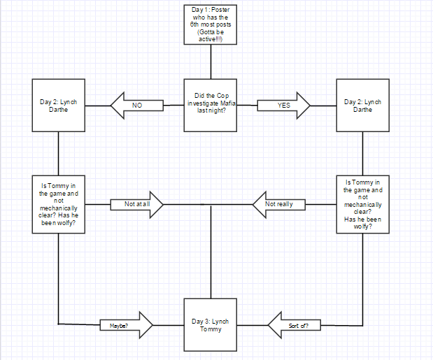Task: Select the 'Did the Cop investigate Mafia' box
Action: coord(210,104)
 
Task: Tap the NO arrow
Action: coord(137,105)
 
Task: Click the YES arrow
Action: coord(283,105)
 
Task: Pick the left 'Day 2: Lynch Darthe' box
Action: coord(59,105)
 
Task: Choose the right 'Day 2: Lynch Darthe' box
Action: coord(362,105)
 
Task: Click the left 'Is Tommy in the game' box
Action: coord(59,204)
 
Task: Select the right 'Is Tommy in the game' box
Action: coord(362,203)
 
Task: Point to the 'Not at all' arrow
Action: coord(137,204)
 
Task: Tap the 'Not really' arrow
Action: coord(280,204)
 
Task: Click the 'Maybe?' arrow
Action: coord(127,325)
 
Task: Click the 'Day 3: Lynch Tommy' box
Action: coord(210,325)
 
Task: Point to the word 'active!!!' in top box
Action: coord(210,41)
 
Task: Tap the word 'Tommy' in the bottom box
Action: coord(210,329)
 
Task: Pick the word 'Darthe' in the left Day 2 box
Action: coord(59,109)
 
